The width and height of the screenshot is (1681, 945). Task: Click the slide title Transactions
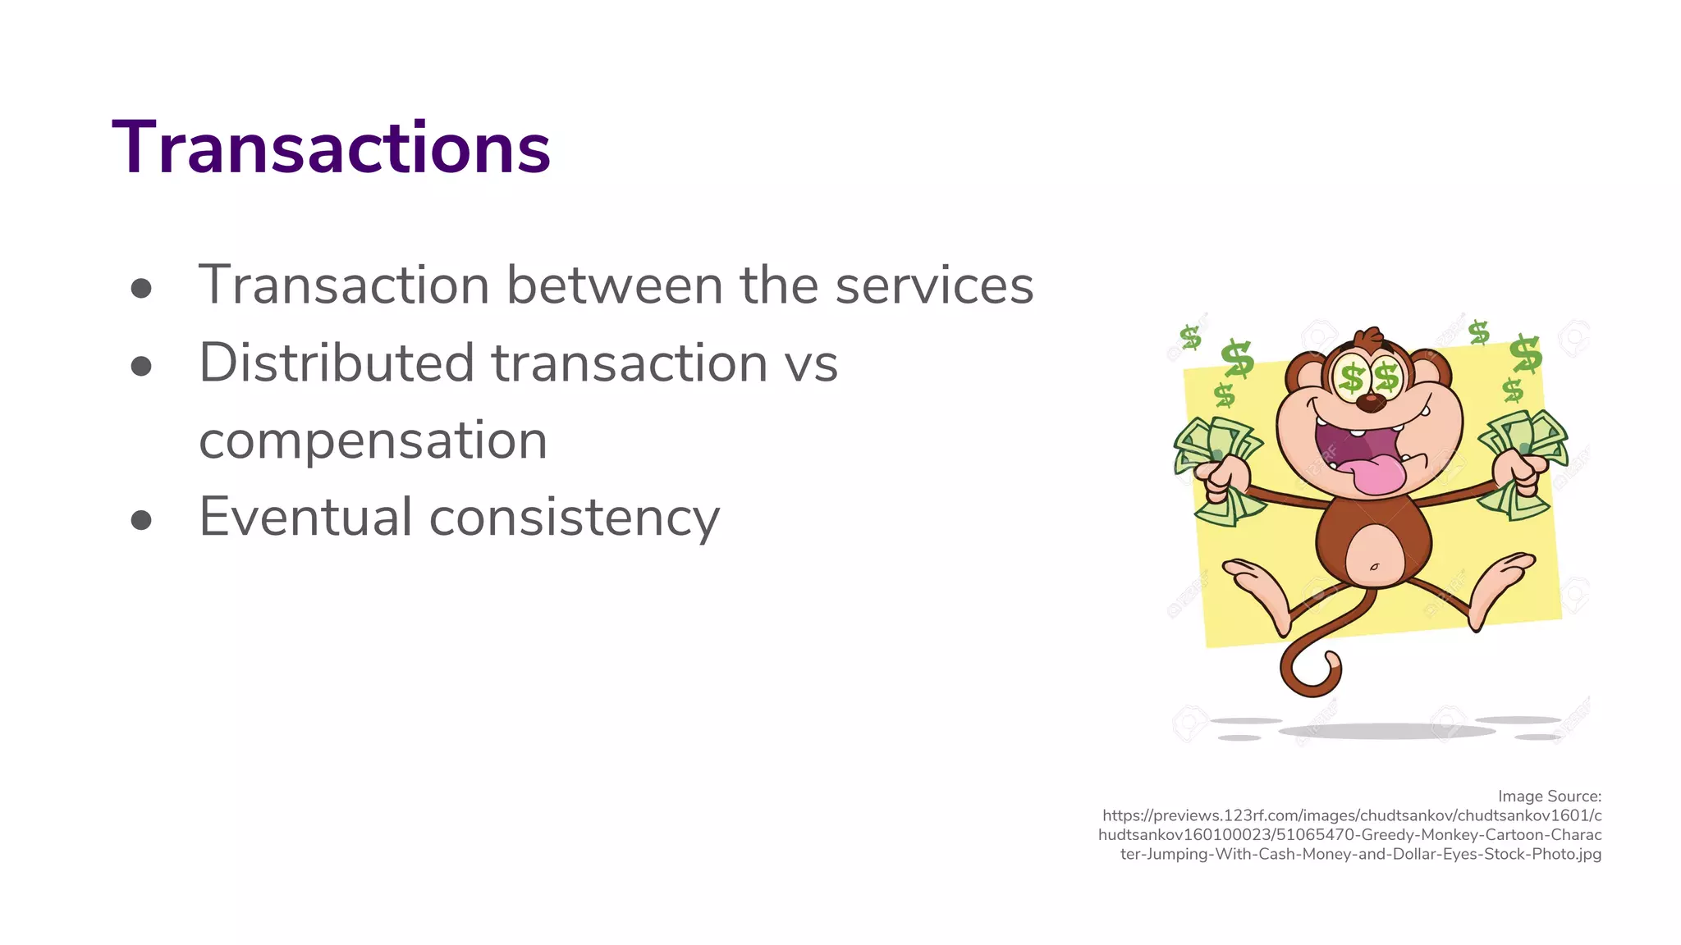[x=331, y=148]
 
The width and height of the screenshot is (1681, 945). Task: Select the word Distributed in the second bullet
[x=337, y=363]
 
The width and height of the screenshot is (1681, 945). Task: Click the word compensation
[x=373, y=441]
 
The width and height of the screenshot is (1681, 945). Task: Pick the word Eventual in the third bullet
[x=305, y=517]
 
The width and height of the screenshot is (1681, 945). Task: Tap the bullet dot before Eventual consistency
[x=141, y=520]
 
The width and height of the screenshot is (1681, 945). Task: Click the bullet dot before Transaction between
[x=141, y=287]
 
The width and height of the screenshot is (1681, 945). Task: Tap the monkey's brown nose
[x=1369, y=403]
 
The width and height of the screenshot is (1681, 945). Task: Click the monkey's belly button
[x=1374, y=567]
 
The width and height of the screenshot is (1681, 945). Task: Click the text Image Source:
[x=1549, y=797]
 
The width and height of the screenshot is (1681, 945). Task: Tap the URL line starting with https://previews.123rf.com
[x=1351, y=815]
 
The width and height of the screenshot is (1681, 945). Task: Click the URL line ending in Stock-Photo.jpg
[x=1360, y=854]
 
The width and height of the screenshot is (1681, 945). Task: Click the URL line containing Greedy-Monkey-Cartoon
[x=1349, y=835]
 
